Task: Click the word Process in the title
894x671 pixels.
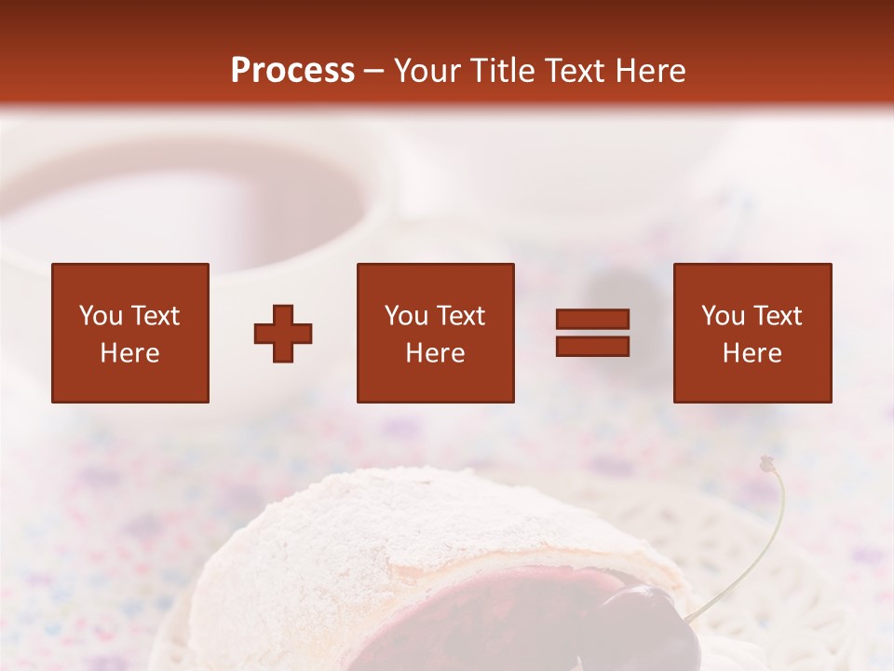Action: click(x=292, y=71)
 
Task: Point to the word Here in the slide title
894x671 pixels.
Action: click(x=650, y=71)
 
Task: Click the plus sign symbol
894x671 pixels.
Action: click(x=283, y=333)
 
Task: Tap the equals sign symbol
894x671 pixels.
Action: click(x=592, y=333)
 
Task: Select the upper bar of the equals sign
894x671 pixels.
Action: click(x=592, y=320)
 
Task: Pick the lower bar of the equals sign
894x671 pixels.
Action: click(x=592, y=346)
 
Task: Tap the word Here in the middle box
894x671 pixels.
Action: click(x=436, y=353)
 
